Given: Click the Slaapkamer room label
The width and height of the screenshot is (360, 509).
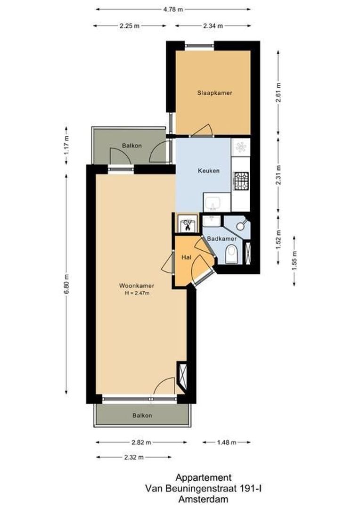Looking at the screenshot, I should [x=214, y=93].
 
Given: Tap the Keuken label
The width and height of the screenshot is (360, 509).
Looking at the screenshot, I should [x=209, y=171].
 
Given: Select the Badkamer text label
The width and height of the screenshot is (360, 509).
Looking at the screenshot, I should [x=221, y=239].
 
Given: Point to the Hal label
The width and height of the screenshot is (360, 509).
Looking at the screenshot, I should [x=186, y=257].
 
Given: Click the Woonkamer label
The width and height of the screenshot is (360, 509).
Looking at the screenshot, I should [x=137, y=286].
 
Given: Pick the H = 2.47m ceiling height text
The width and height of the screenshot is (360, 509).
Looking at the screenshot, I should [x=137, y=293].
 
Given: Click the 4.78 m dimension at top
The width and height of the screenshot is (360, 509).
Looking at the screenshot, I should [x=173, y=8].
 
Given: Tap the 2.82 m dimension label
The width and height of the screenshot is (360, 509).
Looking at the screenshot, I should [x=141, y=443].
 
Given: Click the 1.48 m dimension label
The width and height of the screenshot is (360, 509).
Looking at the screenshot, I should [x=227, y=443].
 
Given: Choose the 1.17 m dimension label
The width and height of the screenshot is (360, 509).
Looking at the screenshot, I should [x=66, y=145].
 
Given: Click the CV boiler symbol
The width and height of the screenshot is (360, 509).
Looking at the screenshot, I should [x=187, y=224].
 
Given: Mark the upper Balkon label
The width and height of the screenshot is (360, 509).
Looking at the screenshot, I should [x=131, y=146].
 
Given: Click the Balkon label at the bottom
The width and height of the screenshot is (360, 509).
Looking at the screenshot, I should [x=142, y=415].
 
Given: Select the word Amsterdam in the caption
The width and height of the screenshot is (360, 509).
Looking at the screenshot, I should [x=203, y=500].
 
